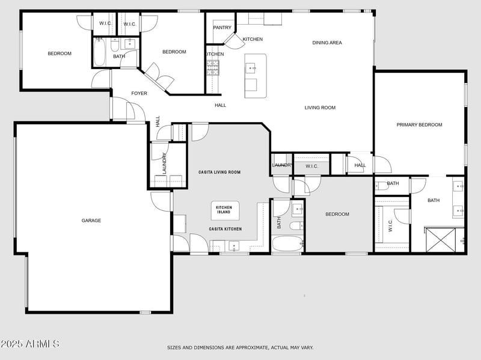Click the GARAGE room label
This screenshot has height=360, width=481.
[91, 221]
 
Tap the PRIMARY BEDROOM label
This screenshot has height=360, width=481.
[419, 125]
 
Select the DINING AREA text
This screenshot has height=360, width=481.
[327, 43]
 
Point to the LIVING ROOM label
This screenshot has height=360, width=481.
[320, 108]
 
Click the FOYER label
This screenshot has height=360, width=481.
[139, 93]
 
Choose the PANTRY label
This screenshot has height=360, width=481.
[222, 28]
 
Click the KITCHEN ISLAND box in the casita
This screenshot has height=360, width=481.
[224, 210]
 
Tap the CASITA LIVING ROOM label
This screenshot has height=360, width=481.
[219, 172]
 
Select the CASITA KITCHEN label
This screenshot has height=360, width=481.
[225, 229]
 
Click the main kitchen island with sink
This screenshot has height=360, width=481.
[255, 75]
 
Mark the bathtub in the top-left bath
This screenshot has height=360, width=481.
[100, 52]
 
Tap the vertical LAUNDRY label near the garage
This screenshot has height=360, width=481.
[164, 162]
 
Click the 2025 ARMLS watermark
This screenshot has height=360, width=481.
[30, 344]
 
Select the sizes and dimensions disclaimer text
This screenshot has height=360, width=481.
[240, 347]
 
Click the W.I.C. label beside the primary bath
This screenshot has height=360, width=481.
[390, 225]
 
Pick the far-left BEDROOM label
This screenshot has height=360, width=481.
[60, 53]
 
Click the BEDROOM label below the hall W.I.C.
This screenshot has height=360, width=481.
[337, 215]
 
